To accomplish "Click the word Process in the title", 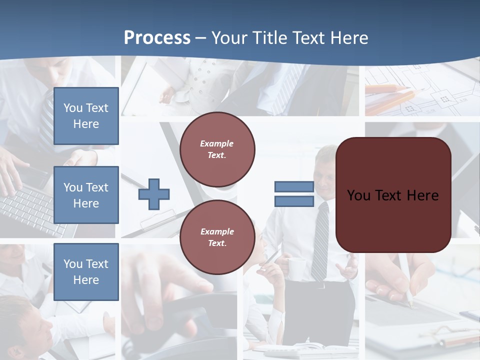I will point(157,38).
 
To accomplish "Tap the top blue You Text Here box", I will point(86,116).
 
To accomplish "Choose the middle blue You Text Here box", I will point(86,195).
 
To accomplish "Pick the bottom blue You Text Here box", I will point(86,272).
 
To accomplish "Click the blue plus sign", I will point(154,194).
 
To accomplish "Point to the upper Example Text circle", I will point(217,149).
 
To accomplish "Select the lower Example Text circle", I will point(217,237).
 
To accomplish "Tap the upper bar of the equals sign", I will point(294,187).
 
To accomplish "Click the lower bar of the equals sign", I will point(294,201).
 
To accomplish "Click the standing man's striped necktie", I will point(320,240).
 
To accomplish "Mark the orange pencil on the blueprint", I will point(390,90).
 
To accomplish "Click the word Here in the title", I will point(349,38).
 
